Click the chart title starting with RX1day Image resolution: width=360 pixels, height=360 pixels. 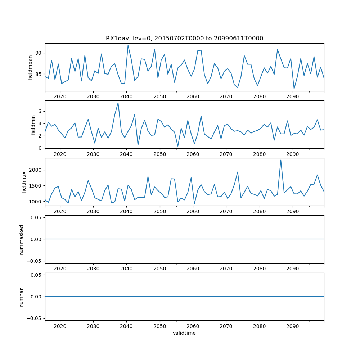(184, 39)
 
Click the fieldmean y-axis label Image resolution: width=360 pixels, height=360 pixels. (30, 67)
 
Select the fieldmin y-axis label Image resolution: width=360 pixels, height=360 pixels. (33, 125)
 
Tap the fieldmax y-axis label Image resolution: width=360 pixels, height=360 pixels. (24, 182)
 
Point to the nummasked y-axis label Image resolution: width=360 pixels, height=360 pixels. (21, 239)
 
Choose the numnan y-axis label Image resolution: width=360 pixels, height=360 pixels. (21, 297)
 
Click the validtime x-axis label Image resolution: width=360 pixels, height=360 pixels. (184, 333)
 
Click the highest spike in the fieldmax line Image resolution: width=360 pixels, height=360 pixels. (281, 160)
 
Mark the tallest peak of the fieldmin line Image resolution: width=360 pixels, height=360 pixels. (118, 103)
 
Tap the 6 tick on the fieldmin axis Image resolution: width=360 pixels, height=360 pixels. (41, 112)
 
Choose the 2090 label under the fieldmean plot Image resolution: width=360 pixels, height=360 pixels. (292, 96)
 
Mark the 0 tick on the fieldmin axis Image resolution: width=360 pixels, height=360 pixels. (41, 148)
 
